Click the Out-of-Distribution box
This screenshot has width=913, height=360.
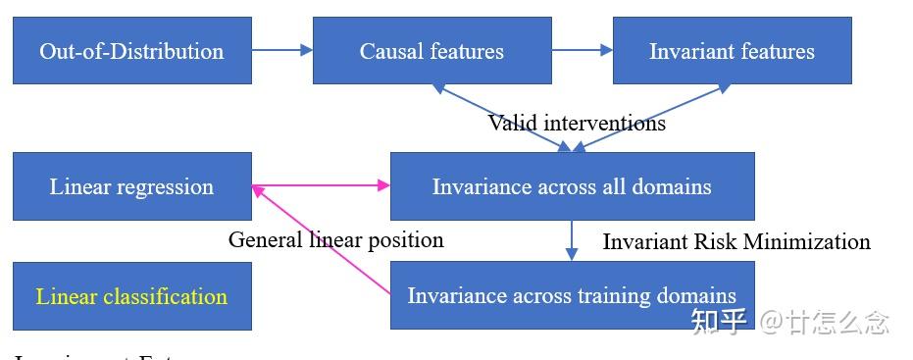pyautogui.click(x=131, y=51)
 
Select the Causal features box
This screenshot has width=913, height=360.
pyautogui.click(x=431, y=51)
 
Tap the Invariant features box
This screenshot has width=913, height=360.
pyautogui.click(x=732, y=51)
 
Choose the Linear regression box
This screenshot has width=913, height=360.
pyautogui.click(x=131, y=186)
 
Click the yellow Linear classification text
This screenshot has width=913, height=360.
pyautogui.click(x=131, y=296)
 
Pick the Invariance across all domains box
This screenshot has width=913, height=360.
pyautogui.click(x=572, y=186)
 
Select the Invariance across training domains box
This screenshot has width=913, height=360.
pyautogui.click(x=572, y=295)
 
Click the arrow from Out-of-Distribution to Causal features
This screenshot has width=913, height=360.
pyautogui.click(x=281, y=51)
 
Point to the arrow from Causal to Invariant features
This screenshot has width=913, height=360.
pyautogui.click(x=582, y=51)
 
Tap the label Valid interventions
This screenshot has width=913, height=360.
pyautogui.click(x=577, y=123)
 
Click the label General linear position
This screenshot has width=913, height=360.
pyautogui.click(x=335, y=239)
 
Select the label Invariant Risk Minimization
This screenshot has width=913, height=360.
pyautogui.click(x=735, y=241)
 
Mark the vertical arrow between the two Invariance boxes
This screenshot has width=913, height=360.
pyautogui.click(x=572, y=240)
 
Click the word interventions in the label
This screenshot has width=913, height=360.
pyautogui.click(x=605, y=123)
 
